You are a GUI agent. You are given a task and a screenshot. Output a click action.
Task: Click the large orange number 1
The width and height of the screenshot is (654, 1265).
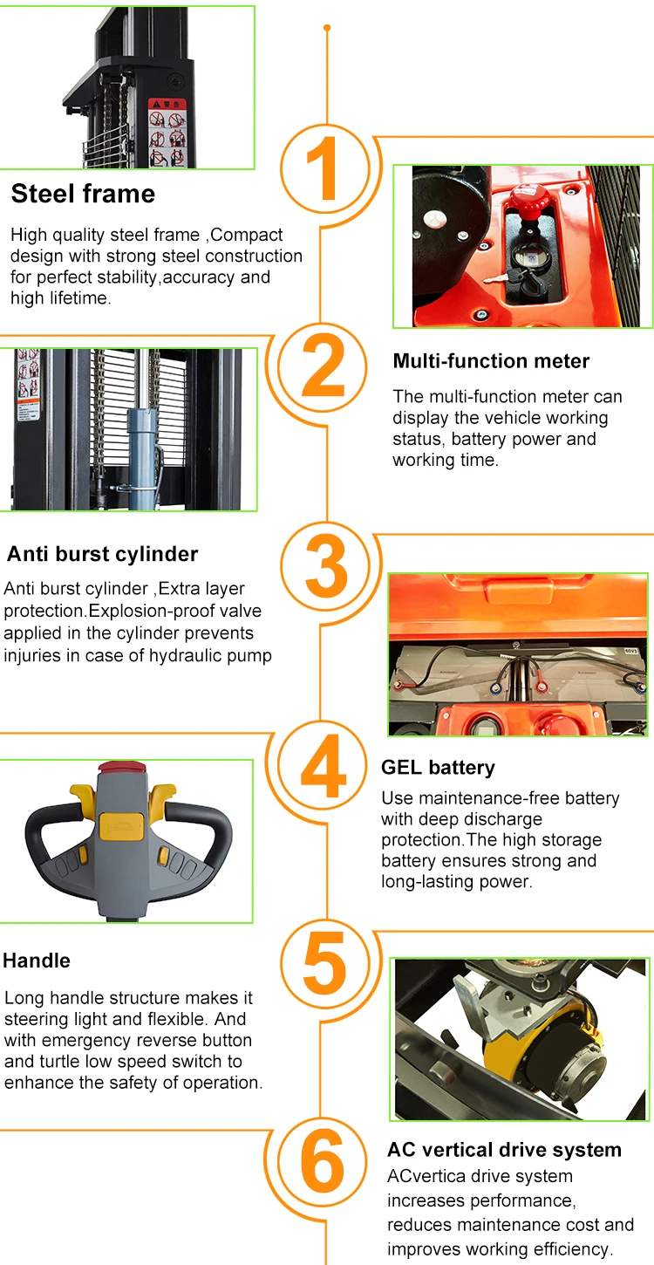pyautogui.click(x=324, y=168)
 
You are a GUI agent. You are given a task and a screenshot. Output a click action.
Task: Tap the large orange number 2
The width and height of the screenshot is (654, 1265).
pyautogui.click(x=324, y=366)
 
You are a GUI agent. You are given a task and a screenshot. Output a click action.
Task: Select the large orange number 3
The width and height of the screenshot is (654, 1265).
pyautogui.click(x=325, y=565)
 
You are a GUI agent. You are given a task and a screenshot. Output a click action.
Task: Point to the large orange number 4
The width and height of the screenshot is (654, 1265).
pyautogui.click(x=324, y=766)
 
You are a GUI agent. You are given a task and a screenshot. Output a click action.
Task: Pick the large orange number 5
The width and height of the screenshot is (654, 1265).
pyautogui.click(x=324, y=963)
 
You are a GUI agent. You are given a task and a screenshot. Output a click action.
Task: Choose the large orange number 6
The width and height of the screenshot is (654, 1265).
pyautogui.click(x=322, y=1161)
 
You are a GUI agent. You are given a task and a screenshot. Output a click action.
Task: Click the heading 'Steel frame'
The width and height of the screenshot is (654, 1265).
pyautogui.click(x=83, y=194)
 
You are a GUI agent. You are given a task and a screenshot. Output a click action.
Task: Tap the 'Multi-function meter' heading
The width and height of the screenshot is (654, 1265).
pyautogui.click(x=491, y=361)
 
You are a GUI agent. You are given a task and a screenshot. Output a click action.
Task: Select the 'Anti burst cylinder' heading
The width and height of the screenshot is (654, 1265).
pyautogui.click(x=102, y=554)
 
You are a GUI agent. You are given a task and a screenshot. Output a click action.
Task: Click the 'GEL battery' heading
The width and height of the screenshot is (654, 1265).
pyautogui.click(x=438, y=768)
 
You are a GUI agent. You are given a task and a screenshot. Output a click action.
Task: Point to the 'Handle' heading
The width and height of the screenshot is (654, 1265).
pyautogui.click(x=37, y=961)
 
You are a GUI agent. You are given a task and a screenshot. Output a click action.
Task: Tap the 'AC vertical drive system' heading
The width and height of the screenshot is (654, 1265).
pyautogui.click(x=504, y=1150)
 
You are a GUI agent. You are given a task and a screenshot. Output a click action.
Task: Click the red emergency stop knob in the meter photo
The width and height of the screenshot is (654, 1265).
pyautogui.click(x=529, y=201)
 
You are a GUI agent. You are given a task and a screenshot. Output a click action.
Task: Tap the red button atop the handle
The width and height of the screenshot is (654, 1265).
pyautogui.click(x=122, y=768)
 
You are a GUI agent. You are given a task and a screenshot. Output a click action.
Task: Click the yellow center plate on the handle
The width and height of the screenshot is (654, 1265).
pyautogui.click(x=121, y=826)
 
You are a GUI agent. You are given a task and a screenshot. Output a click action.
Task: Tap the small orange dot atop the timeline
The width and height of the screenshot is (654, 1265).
pyautogui.click(x=327, y=28)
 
